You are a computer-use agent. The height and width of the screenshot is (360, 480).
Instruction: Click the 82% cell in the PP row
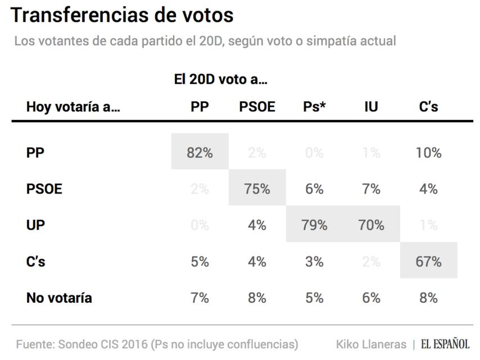pos(200,152)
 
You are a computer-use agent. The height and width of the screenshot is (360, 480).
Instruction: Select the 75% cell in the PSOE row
pos(257,189)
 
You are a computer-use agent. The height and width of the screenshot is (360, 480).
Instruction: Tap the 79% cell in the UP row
pos(314,225)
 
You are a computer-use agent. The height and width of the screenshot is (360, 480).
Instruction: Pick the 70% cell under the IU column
pos(371,225)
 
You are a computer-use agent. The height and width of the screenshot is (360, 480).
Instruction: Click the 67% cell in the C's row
pos(428,262)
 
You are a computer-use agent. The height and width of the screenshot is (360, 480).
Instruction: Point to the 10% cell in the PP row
pos(428,152)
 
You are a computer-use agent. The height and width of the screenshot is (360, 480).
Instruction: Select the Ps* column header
pos(314,107)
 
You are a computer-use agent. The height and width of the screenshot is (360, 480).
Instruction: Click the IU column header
pos(371,107)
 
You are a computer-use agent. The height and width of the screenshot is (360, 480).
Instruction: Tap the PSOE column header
pos(257,107)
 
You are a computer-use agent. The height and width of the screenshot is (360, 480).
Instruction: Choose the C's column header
pos(428,107)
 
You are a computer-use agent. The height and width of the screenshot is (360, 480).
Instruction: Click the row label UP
pos(35,225)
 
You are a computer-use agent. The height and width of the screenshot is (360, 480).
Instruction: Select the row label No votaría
pos(58,298)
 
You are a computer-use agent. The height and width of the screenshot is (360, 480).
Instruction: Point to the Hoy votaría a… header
pos(73,107)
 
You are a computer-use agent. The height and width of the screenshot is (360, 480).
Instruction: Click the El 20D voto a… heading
pos(220,80)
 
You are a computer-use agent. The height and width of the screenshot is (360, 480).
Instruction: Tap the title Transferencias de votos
pos(122,16)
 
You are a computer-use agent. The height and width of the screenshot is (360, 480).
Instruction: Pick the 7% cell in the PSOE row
pos(371,189)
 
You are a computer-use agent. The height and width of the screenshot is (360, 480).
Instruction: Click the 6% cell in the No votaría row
pos(371,298)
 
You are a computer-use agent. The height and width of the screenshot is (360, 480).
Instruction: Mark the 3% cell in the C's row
pos(314,262)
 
